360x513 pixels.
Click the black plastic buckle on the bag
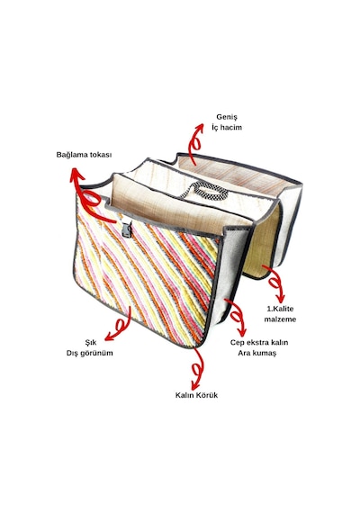pyautogui.click(x=127, y=229)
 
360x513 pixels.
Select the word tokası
pyautogui.click(x=99, y=155)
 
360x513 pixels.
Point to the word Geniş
pyautogui.click(x=227, y=117)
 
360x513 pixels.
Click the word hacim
pyautogui.click(x=231, y=127)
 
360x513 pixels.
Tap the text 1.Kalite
pyautogui.click(x=280, y=309)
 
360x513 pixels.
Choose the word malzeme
pyautogui.click(x=280, y=319)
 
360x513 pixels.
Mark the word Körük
pyautogui.click(x=207, y=395)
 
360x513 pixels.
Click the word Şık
pyautogui.click(x=91, y=343)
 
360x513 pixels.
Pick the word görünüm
pyautogui.click(x=97, y=354)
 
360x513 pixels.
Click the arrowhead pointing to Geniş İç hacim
pyautogui.click(x=199, y=128)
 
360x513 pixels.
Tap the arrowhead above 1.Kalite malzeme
pyautogui.click(x=280, y=299)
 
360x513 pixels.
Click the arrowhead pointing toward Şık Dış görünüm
pyautogui.click(x=109, y=335)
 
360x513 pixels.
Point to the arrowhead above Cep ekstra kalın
pyautogui.click(x=242, y=332)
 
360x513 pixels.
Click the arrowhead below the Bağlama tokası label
pyautogui.click(x=76, y=174)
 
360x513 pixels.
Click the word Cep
pyautogui.click(x=238, y=343)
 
